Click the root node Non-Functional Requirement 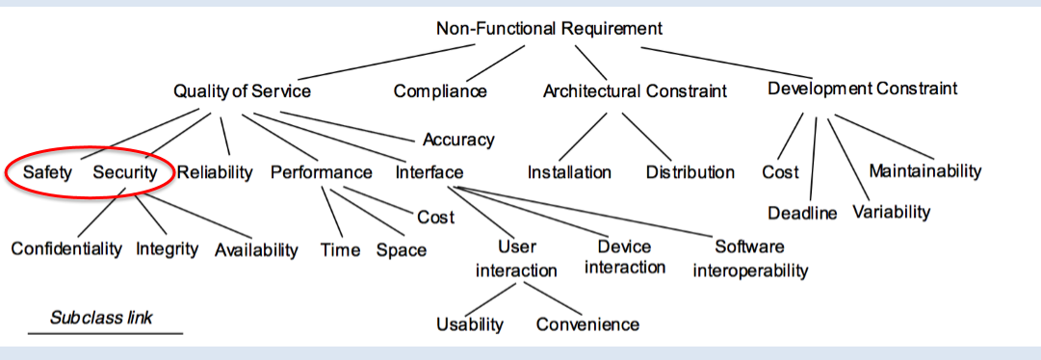coord(550,28)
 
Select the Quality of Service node coord(242,90)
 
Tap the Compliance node coord(440,91)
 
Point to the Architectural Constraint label coord(635,91)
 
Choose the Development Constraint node coord(862,89)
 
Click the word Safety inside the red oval coord(47,172)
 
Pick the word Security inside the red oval coord(124,172)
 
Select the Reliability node coord(215,172)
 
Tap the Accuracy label coord(458,140)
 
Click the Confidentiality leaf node coord(66,248)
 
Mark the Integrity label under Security coord(167,248)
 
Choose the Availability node coord(256,249)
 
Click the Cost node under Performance coord(435,217)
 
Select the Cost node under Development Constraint coord(780,172)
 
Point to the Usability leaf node coord(469,323)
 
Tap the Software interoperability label coord(750,258)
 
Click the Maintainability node coord(924,171)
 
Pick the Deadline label coord(802,212)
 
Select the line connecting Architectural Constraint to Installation coord(583,137)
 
